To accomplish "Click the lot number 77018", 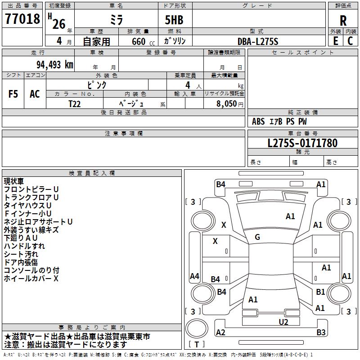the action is pos(22,19).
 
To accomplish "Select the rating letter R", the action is pos(343,21).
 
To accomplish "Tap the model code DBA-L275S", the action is pos(258,41).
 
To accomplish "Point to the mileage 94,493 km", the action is pos(55,65).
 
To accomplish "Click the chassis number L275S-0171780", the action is pos(302,143).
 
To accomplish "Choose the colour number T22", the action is pos(75,104).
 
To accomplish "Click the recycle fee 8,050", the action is pos(226,104).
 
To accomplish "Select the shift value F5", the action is pos(13,94).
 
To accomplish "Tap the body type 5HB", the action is pos(174,20).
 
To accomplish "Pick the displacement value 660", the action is pos(139,41).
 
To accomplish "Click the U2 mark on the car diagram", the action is pos(283,322).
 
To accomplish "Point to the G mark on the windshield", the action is pos(257,237).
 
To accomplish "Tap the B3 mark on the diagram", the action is pos(321,332).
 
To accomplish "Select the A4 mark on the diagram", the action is pos(194,276).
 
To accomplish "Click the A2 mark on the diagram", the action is pos(220,332).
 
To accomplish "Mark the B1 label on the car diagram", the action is pos(320,292).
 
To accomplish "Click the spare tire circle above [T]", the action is pos(197,328).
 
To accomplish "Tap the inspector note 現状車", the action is pos(14,181).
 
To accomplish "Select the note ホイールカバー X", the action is pos(31,279).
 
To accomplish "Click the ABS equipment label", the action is pos(258,121).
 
